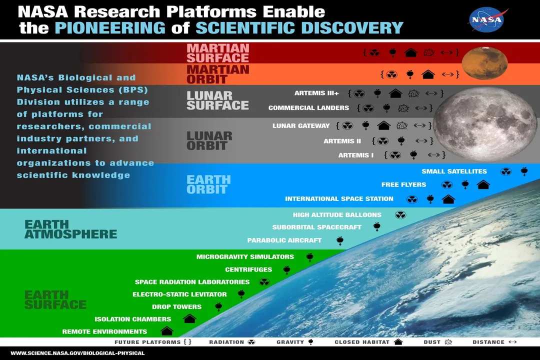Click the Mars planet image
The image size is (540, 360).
484,63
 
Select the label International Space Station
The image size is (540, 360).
339,199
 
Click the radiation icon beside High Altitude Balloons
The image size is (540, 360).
400,215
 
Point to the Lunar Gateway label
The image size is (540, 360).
301,126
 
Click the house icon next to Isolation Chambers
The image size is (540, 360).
189,318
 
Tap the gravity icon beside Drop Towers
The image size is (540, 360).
218,306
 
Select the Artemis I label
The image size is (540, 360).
355,155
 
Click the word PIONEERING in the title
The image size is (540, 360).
110,28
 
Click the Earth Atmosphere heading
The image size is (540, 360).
70,229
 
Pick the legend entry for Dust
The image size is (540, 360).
438,342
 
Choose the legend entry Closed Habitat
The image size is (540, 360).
368,342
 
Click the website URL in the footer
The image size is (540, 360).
77,353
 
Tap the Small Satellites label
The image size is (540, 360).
454,171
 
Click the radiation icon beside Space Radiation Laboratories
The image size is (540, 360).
264,282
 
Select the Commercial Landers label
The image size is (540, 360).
308,108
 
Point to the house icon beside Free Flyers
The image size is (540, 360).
483,184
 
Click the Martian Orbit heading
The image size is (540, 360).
217,74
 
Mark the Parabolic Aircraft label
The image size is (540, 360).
284,240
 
